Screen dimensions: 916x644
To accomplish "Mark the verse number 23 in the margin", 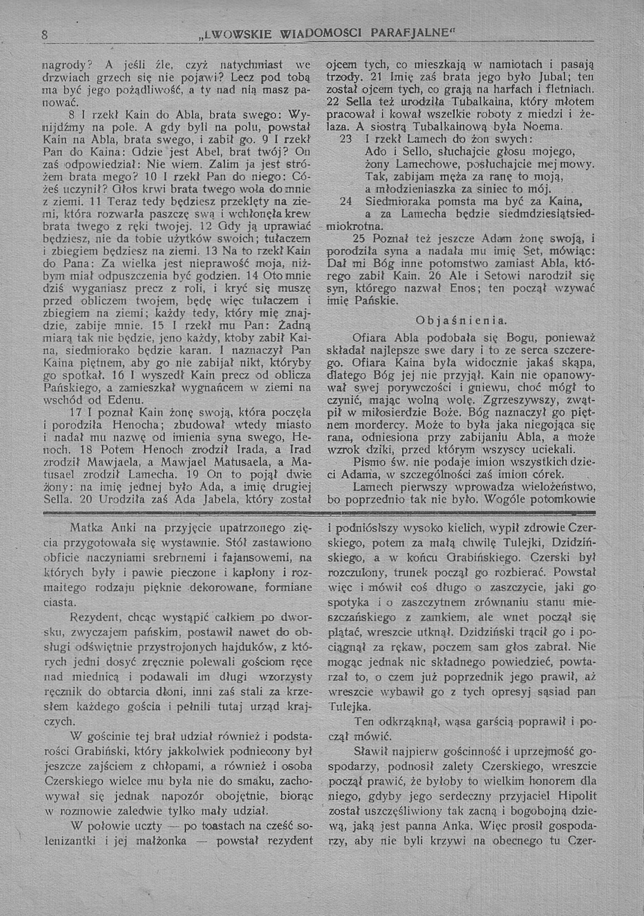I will point(346,140).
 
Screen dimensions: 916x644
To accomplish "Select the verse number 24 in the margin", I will point(346,202).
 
